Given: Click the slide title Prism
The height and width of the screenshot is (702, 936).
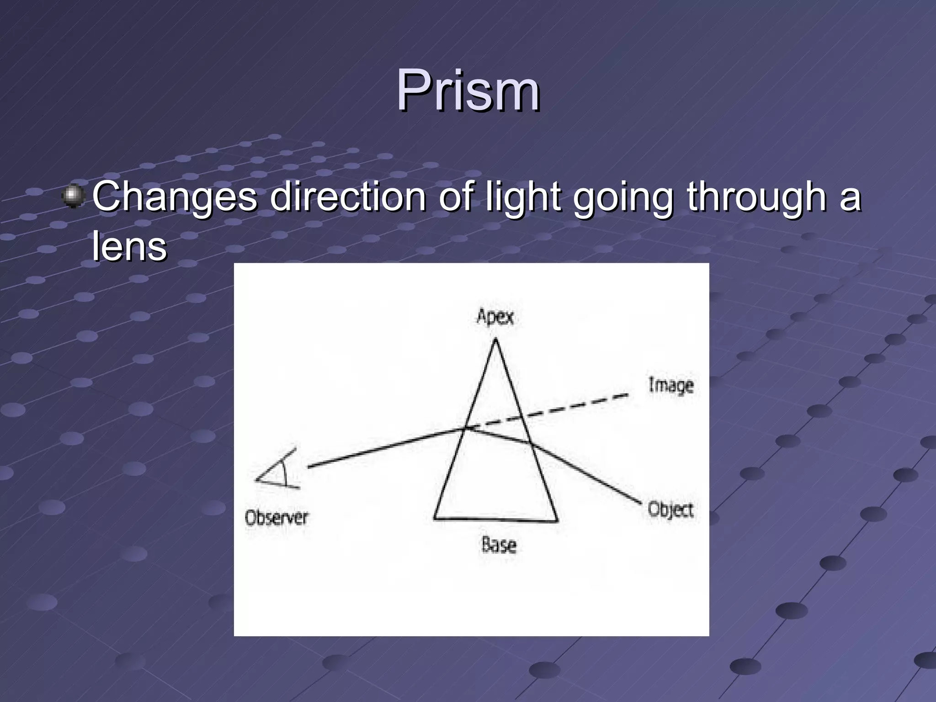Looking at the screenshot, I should pyautogui.click(x=468, y=90).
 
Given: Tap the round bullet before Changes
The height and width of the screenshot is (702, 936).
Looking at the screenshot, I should pyautogui.click(x=73, y=197).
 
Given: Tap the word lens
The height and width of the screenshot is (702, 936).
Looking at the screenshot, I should pyautogui.click(x=129, y=247).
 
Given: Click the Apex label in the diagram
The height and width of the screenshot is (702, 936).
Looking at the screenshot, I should pyautogui.click(x=495, y=316).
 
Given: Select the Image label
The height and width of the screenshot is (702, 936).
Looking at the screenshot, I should pyautogui.click(x=670, y=385).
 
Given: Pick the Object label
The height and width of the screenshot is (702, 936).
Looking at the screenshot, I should pyautogui.click(x=670, y=509).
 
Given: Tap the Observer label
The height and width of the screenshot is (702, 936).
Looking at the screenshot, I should pyautogui.click(x=277, y=518).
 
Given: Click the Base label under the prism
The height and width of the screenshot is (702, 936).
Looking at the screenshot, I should pyautogui.click(x=499, y=545).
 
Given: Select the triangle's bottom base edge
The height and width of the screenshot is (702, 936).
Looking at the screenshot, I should pyautogui.click(x=495, y=519).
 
